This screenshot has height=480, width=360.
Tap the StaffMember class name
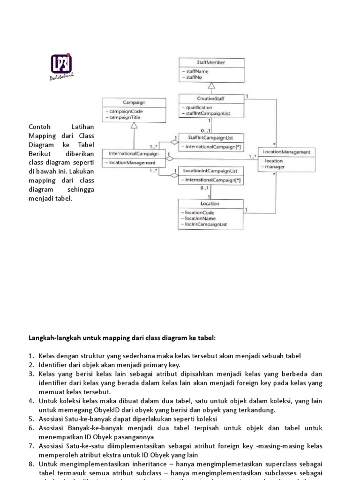pyautogui.click(x=211, y=62)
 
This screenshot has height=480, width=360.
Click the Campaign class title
pyautogui.click(x=134, y=102)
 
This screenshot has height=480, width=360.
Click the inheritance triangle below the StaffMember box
pyautogui.click(x=211, y=86)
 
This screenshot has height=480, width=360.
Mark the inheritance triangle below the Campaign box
pyautogui.click(x=134, y=125)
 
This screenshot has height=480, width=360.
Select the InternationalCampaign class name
pyautogui.click(x=134, y=153)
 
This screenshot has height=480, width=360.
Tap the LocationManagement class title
pyautogui.click(x=286, y=152)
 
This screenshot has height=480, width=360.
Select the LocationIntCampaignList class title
pyautogui.click(x=210, y=171)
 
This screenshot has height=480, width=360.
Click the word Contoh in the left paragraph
pyautogui.click(x=39, y=127)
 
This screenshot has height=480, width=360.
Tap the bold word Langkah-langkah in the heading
pyautogui.click(x=46, y=338)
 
